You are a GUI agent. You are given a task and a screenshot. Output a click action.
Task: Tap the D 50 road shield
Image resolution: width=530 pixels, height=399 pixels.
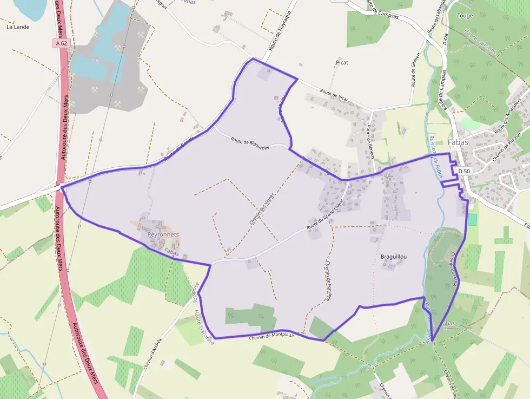(464, 171)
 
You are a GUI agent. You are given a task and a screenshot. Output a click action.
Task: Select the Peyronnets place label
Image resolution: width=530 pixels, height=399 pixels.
(162, 235)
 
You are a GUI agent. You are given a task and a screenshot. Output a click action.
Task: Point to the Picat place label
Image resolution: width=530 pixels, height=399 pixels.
(342, 63)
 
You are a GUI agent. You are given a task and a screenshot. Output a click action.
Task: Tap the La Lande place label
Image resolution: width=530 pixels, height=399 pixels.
(18, 27)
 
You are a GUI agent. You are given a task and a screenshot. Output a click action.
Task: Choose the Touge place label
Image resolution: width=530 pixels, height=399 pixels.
(465, 16)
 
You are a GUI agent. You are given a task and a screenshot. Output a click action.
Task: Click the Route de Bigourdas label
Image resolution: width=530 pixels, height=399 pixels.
(250, 142)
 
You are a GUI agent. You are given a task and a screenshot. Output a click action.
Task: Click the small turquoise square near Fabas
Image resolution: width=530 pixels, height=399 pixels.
(472, 220)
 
